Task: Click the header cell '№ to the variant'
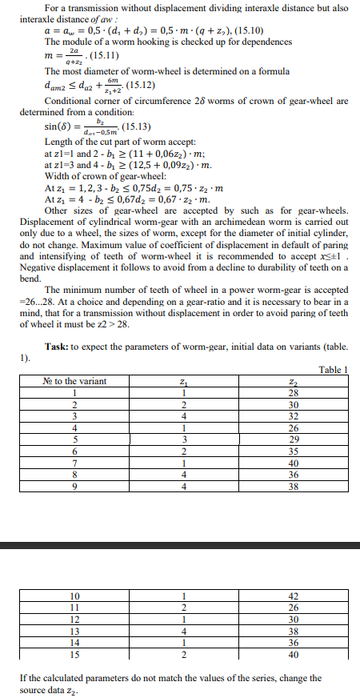tap(74, 381)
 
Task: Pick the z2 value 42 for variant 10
tap(292, 596)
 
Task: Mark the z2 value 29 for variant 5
tap(292, 439)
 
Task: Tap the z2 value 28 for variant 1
tap(292, 392)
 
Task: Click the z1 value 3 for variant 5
tap(183, 439)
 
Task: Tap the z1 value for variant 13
tap(183, 630)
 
